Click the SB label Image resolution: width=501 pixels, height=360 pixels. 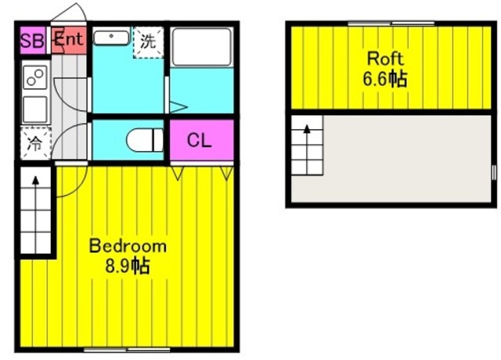point(32,41)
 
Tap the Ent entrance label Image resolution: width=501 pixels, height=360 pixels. point(69,40)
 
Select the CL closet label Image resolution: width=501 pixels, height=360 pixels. point(200,141)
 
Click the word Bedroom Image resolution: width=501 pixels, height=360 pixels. point(128,246)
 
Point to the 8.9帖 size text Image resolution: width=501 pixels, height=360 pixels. point(128,266)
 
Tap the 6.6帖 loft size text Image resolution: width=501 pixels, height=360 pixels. point(384,79)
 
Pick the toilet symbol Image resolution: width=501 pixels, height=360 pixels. point(145,141)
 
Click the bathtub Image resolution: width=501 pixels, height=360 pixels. point(201,49)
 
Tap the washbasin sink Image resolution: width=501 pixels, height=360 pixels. point(112,38)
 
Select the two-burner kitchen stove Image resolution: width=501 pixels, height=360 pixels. point(35,78)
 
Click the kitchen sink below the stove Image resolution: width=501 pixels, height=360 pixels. point(35,109)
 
